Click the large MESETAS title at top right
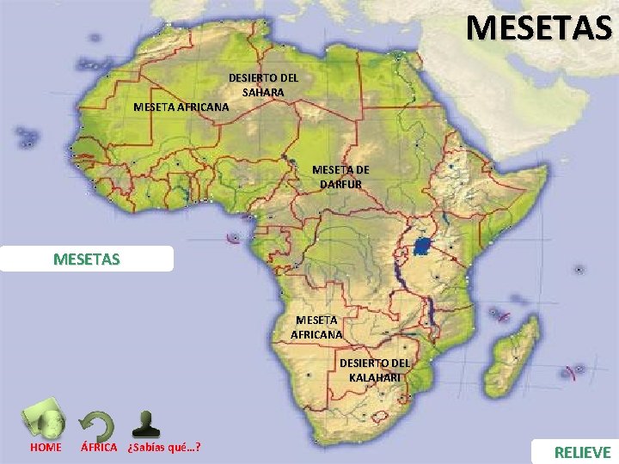coord(539,27)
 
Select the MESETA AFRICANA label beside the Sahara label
coord(181,107)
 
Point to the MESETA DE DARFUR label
coord(340,177)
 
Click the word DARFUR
coord(340,184)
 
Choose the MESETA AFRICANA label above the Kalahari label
coord(316,327)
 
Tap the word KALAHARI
coord(375,377)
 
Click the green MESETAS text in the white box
coord(87,259)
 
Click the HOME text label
coord(46,448)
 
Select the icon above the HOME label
coord(46,419)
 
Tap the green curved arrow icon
coord(96,425)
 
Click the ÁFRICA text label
coord(99,448)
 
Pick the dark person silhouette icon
coord(147,424)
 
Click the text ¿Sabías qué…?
coord(163,448)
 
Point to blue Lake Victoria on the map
coord(422,247)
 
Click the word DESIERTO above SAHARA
coord(263,78)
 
